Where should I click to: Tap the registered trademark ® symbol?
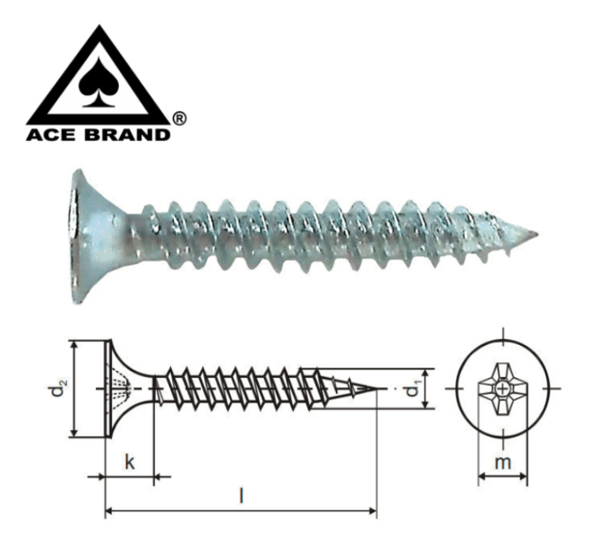point(179,118)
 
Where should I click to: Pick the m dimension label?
point(503,462)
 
